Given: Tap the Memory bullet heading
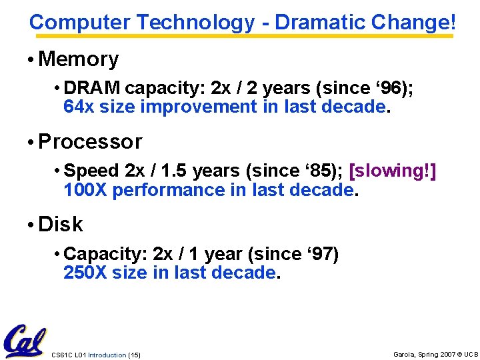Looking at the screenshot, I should click(79, 59).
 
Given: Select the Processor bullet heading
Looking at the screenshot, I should click(90, 142).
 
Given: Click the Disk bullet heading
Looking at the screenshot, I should click(61, 225).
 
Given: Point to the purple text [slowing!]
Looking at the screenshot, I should click(393, 171).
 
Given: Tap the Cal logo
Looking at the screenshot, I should click(24, 341).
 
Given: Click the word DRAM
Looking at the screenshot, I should click(93, 88).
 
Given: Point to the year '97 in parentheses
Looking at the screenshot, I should click(317, 254).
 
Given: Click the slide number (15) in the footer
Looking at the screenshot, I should click(134, 355).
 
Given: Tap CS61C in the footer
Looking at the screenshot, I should click(61, 355).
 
